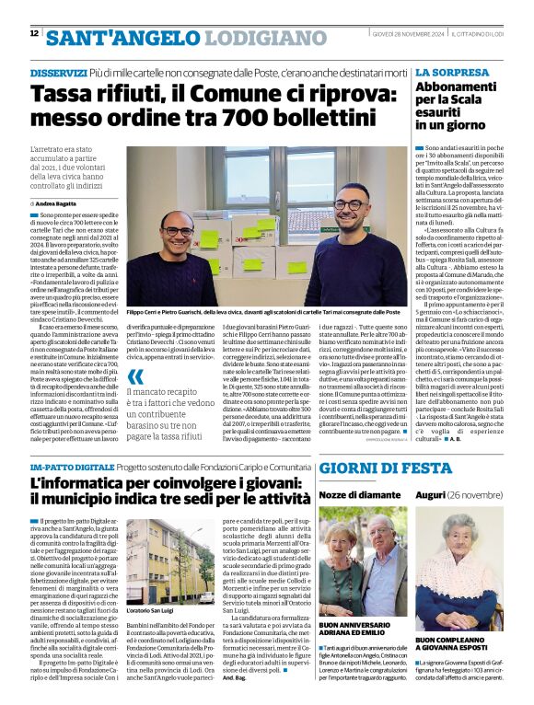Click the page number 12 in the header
tap(34, 34)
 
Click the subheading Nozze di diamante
tap(358, 494)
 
